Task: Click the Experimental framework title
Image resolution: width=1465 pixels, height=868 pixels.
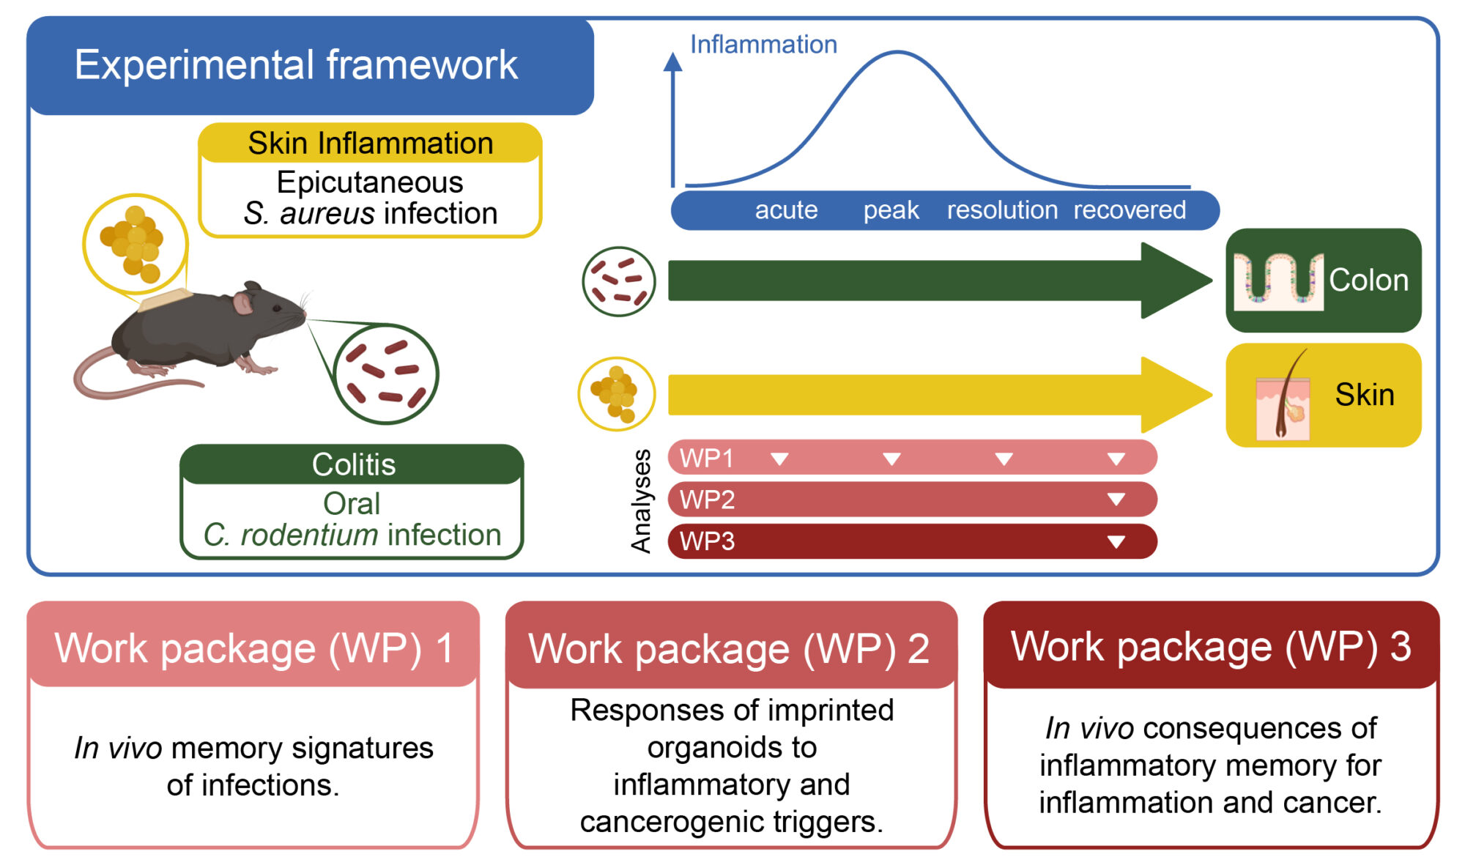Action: point(296,65)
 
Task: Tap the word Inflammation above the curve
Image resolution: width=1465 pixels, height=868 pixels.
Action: point(763,45)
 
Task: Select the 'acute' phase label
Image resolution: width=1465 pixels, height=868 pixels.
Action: point(786,210)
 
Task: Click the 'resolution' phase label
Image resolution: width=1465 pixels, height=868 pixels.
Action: point(1002,210)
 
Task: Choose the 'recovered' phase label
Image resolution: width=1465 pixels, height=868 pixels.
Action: point(1130,210)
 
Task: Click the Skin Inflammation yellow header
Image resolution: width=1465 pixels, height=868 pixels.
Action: point(370,143)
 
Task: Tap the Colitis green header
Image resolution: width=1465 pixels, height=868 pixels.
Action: point(353,464)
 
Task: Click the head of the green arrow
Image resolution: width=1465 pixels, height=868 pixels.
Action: point(1172,281)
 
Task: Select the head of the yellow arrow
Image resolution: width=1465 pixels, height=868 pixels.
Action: point(1172,395)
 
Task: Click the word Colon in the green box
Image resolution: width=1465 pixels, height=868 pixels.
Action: point(1368,281)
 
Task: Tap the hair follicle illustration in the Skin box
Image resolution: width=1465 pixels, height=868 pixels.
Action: point(1283,399)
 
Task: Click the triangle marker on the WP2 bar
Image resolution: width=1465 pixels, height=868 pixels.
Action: point(1116,500)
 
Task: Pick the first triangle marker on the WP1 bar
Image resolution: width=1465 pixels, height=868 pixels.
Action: point(779,459)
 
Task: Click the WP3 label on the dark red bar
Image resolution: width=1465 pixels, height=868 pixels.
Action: point(707,542)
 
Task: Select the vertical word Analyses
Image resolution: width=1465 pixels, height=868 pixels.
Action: point(641,500)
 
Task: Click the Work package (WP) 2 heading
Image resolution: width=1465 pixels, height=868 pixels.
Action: point(730,649)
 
